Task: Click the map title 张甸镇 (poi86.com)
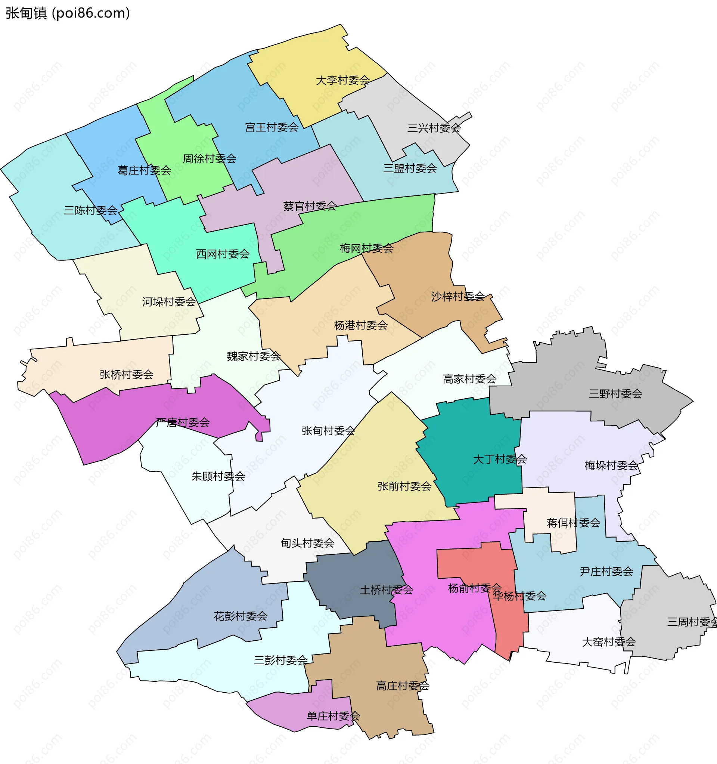point(68,13)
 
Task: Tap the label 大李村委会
point(342,80)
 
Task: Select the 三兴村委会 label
point(434,128)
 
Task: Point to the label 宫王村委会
point(271,127)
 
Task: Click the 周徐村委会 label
point(209,159)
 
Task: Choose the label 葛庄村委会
point(144,170)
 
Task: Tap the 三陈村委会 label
point(91,211)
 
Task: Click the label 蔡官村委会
point(310,206)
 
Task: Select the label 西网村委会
point(223,254)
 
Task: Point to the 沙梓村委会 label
point(457,296)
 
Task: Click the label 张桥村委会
point(127,375)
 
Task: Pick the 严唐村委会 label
point(183,423)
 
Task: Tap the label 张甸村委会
point(328,431)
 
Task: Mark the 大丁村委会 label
point(500,459)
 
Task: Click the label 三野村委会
point(615,393)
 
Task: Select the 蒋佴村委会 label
point(573,523)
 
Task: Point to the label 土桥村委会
point(386,590)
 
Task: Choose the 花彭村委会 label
point(240,616)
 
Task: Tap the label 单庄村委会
point(333,716)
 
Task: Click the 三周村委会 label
point(692,622)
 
